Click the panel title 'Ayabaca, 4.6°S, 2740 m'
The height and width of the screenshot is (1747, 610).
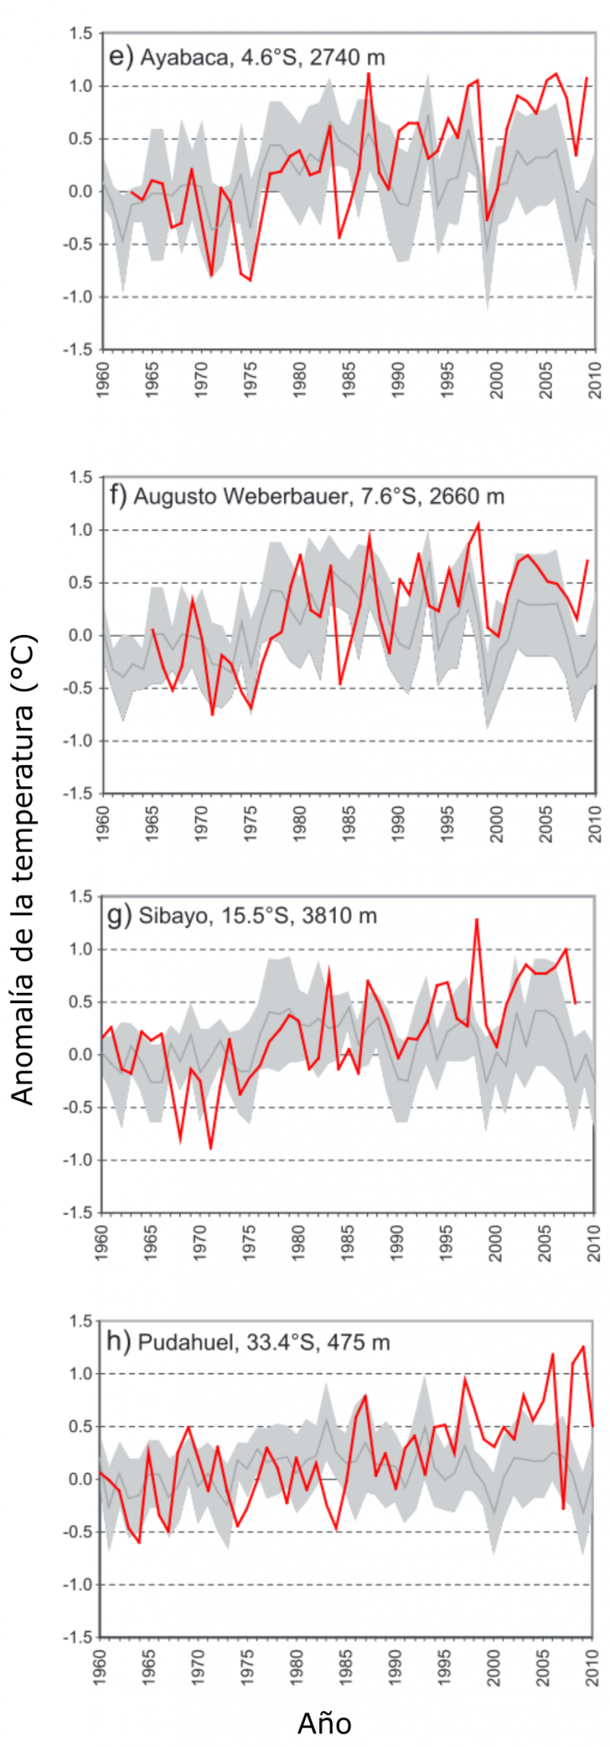(x=262, y=57)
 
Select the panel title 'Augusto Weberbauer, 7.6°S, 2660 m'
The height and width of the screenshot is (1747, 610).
(x=319, y=497)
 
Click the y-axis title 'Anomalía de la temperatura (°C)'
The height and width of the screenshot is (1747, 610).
(x=24, y=869)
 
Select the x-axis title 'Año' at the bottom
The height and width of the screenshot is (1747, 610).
(x=324, y=1723)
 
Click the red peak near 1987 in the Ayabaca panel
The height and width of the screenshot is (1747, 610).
(x=369, y=74)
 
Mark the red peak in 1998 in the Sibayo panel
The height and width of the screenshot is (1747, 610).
(x=477, y=919)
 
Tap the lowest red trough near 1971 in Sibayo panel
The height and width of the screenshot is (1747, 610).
(x=210, y=1148)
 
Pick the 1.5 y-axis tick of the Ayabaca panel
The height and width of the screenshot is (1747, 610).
(x=80, y=33)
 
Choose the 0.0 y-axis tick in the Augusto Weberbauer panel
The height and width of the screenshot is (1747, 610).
(x=80, y=636)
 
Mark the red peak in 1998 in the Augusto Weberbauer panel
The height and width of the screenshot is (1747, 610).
(x=477, y=523)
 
